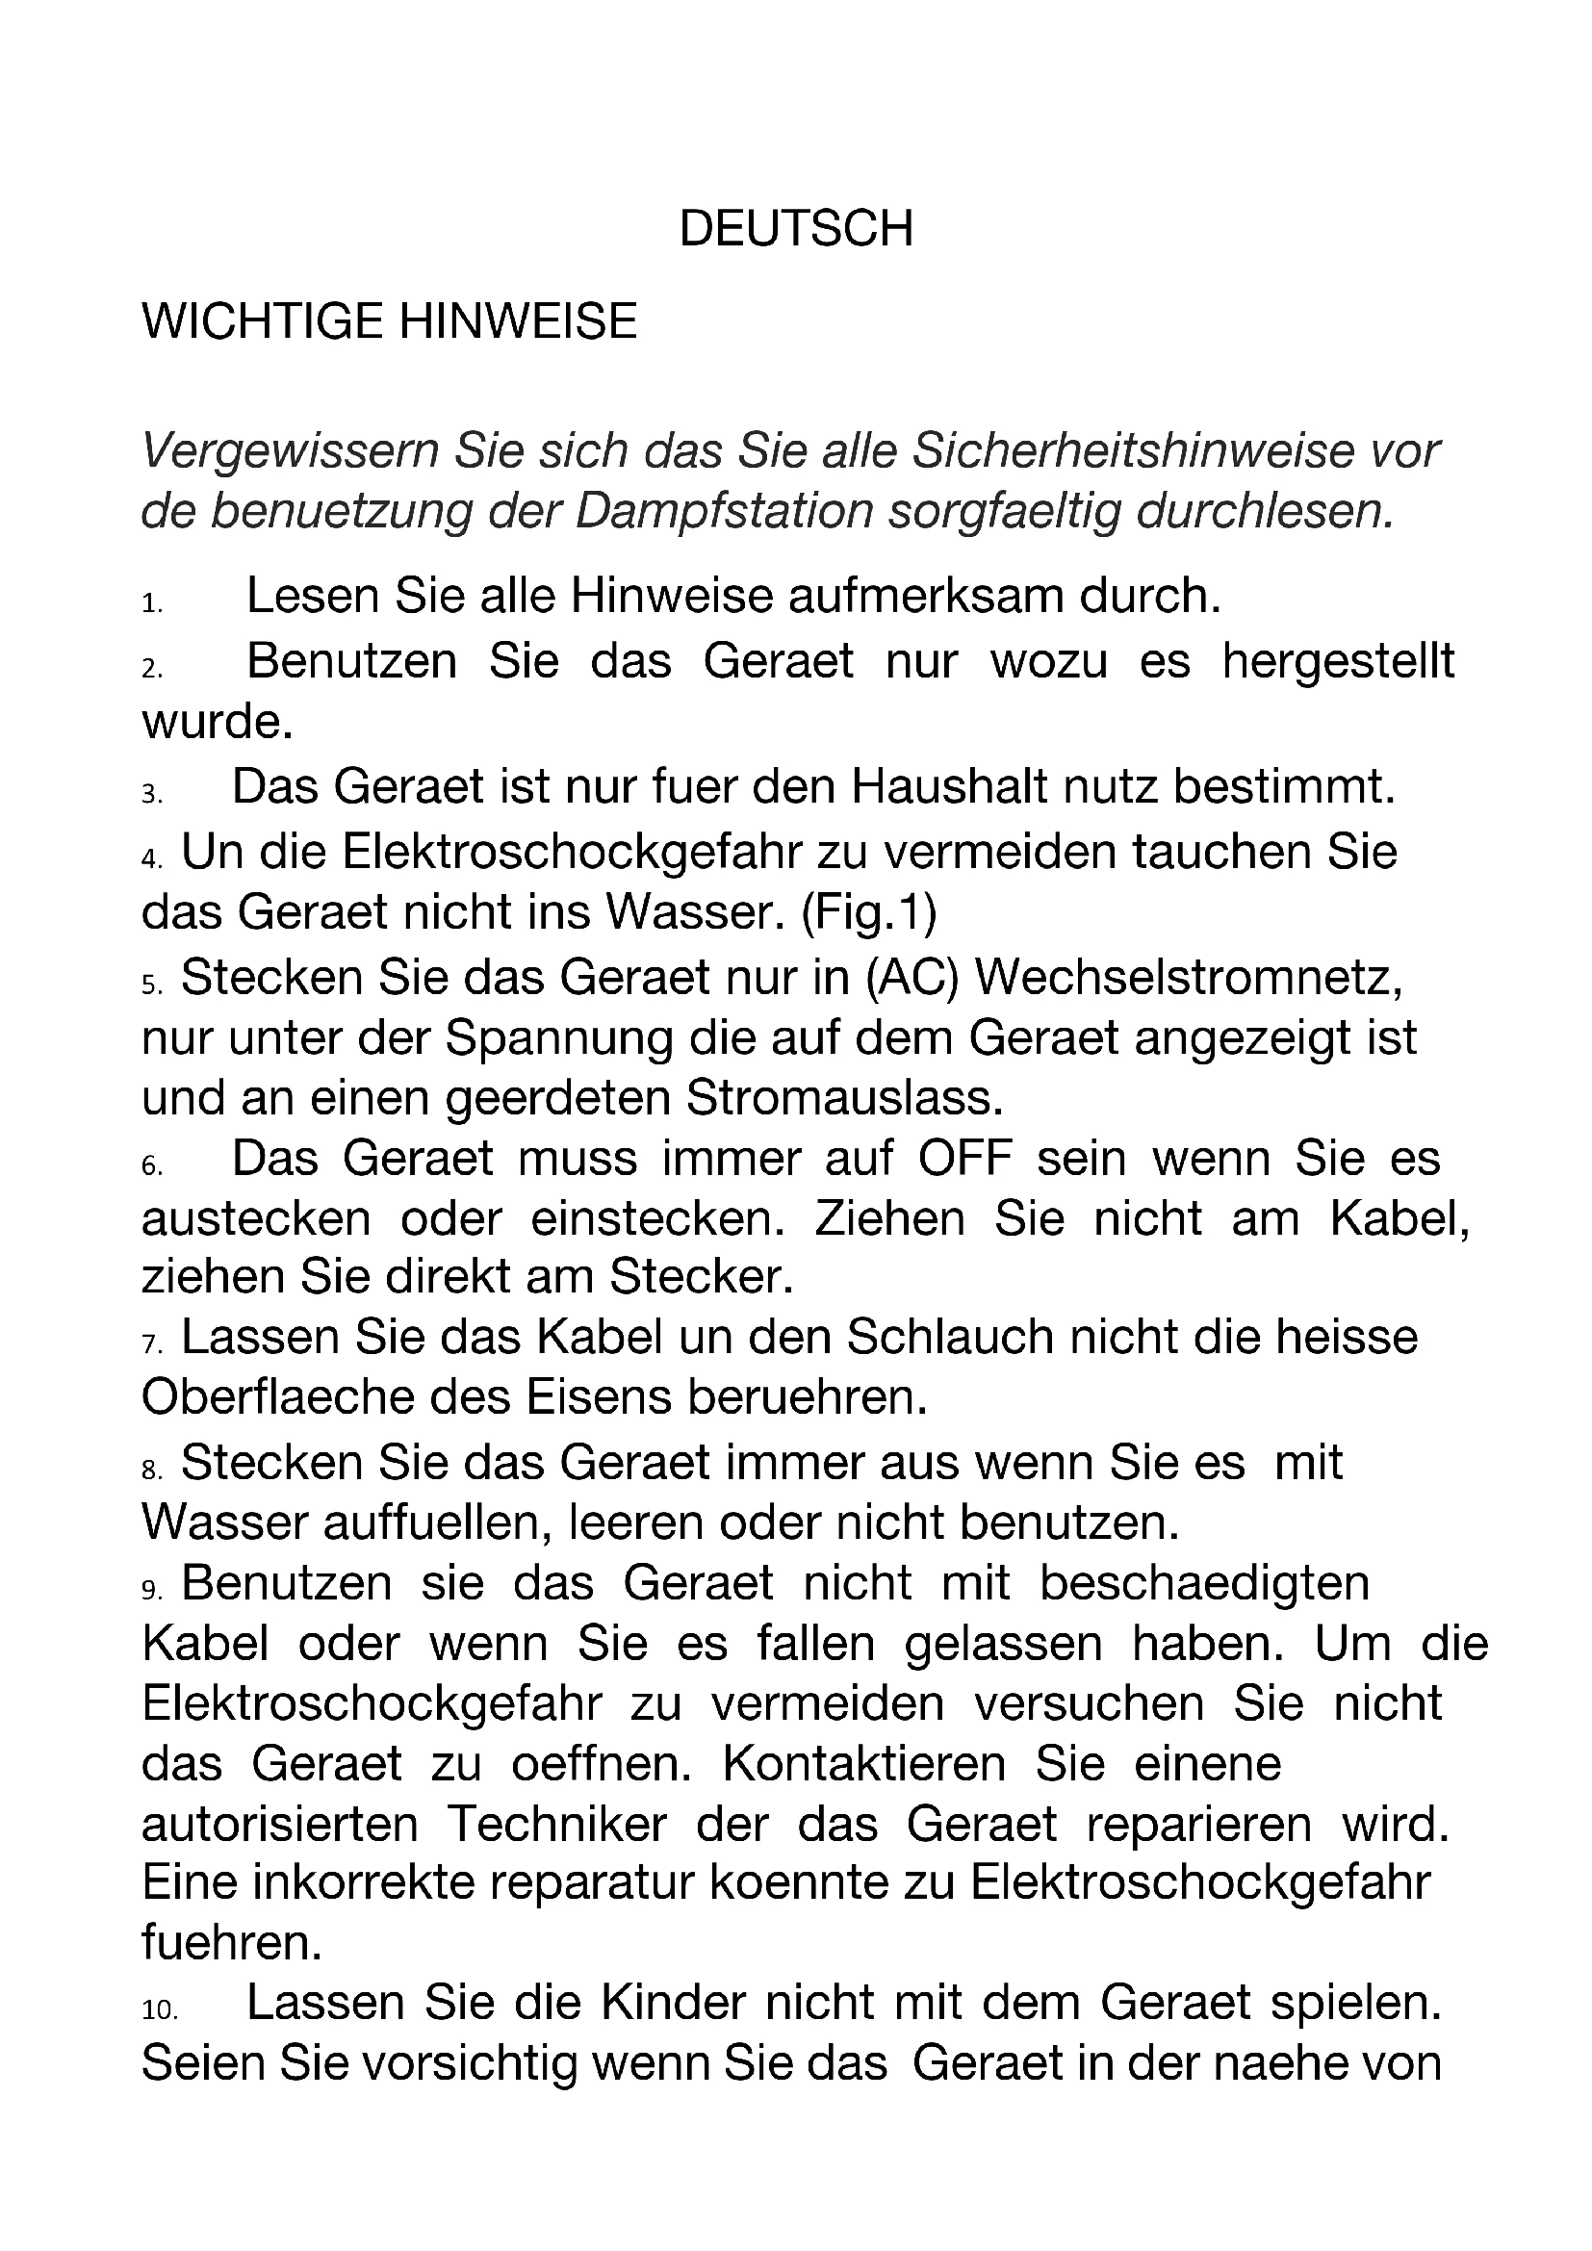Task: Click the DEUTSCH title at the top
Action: [795, 228]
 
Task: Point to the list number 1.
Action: [151, 604]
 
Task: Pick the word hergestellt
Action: [1338, 661]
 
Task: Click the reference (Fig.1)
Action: [868, 912]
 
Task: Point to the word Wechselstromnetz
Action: [1188, 978]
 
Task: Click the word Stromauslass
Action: [844, 1098]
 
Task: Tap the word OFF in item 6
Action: [964, 1158]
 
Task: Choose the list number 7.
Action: [151, 1345]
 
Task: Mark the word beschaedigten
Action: [1204, 1583]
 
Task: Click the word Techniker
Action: [556, 1824]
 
